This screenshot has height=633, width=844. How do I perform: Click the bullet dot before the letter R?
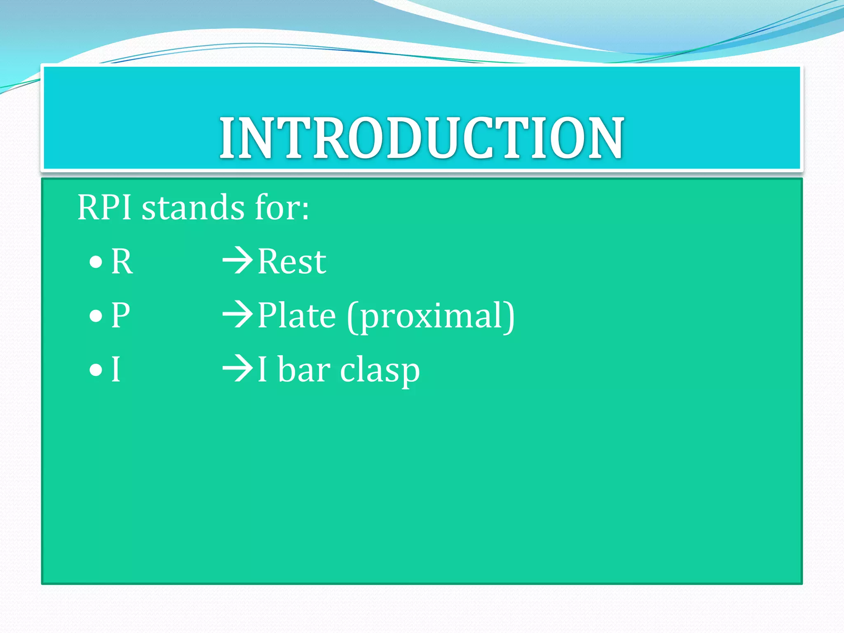tap(96, 262)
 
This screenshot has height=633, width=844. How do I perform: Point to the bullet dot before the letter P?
tap(96, 316)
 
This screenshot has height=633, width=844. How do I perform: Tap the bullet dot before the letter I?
tap(96, 370)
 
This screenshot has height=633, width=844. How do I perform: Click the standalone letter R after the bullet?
tap(122, 262)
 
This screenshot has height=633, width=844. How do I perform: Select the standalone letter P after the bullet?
tap(121, 316)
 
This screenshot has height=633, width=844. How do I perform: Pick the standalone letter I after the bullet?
tap(116, 370)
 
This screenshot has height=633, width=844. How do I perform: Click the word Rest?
tap(292, 262)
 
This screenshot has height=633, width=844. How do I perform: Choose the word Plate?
tap(297, 316)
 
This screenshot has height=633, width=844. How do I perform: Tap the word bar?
tap(304, 370)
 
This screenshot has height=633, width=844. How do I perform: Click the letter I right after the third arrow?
tap(262, 370)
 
